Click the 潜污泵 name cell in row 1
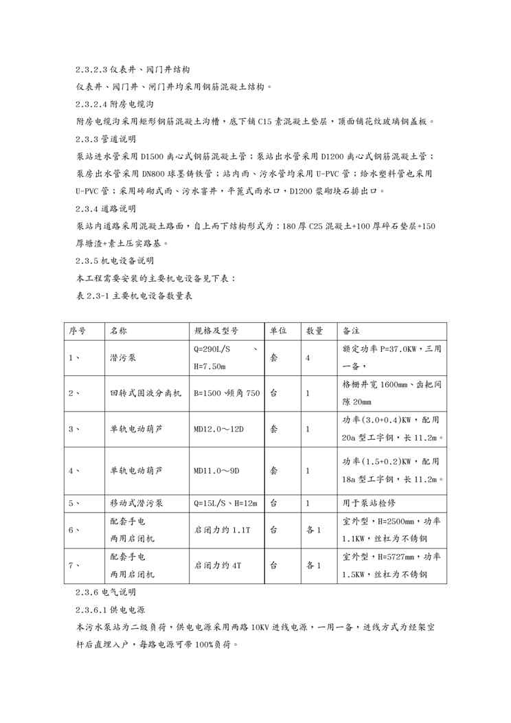[122, 357]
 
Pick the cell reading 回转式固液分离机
[146, 393]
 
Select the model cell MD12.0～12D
[219, 429]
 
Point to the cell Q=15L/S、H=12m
[225, 503]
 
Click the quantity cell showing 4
[308, 357]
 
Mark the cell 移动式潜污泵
[137, 503]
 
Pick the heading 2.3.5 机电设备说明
[115, 261]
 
